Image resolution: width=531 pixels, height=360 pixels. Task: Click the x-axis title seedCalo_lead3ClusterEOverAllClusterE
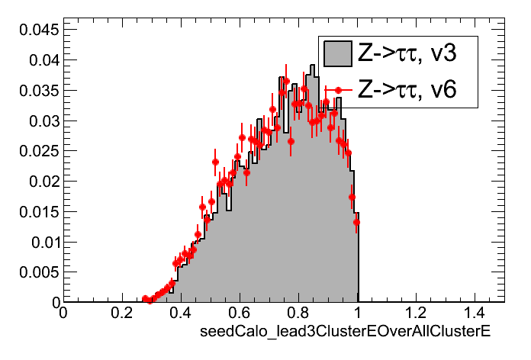pyautogui.click(x=344, y=333)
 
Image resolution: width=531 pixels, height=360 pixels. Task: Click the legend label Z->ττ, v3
pyautogui.click(x=407, y=53)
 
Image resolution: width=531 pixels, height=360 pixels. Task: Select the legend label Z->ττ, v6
pyautogui.click(x=407, y=91)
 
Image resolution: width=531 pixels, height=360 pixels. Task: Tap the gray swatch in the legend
pyautogui.click(x=337, y=53)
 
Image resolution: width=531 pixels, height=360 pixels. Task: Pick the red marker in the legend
pyautogui.click(x=337, y=90)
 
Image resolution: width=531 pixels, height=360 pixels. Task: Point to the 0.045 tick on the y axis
pyautogui.click(x=36, y=30)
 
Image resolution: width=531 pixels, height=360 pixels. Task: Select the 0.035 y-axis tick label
pyautogui.click(x=36, y=91)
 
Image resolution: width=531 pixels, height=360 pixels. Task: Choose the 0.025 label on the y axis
pyautogui.click(x=36, y=151)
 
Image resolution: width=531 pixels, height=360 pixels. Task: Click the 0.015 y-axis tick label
pyautogui.click(x=36, y=212)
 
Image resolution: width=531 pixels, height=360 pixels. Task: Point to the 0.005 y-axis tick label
pyautogui.click(x=36, y=272)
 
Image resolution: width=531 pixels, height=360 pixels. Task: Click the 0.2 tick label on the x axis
pyautogui.click(x=122, y=313)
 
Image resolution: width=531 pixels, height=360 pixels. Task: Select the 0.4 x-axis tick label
pyautogui.click(x=181, y=313)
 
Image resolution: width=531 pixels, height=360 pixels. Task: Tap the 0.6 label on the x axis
pyautogui.click(x=240, y=313)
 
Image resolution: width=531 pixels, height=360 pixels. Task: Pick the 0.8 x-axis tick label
pyautogui.click(x=298, y=313)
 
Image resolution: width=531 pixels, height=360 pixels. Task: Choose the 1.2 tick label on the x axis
pyautogui.click(x=416, y=313)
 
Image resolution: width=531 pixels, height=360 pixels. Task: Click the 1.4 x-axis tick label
pyautogui.click(x=475, y=313)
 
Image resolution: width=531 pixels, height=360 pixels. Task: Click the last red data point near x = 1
pyautogui.click(x=356, y=223)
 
